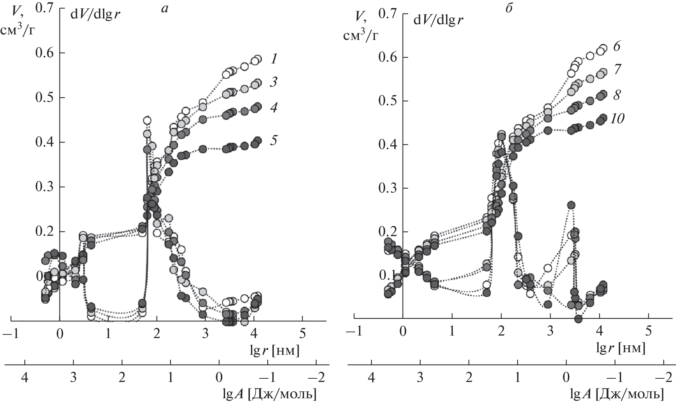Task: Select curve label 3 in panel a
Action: (273, 82)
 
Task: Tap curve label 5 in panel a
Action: (273, 140)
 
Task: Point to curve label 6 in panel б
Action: (617, 46)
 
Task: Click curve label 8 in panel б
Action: (617, 95)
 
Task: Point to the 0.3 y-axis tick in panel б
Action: (388, 188)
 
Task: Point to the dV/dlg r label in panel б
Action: (438, 20)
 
